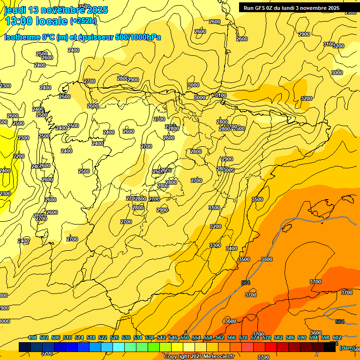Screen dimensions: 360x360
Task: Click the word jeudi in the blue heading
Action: [x=15, y=10]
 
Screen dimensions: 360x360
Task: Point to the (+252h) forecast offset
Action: [x=83, y=21]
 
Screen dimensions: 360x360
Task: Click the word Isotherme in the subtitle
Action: [x=22, y=37]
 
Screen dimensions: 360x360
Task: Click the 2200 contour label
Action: [x=19, y=156]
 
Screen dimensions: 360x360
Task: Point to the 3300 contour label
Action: [x=215, y=245]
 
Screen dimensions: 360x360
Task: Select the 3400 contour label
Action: [x=232, y=248]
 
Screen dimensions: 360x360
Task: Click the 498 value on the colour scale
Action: [x=32, y=337]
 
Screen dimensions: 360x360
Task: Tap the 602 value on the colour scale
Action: [x=337, y=337]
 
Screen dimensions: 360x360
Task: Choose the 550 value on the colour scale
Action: [x=185, y=337]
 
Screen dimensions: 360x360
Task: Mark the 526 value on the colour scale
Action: [x=114, y=337]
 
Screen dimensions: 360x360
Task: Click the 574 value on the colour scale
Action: [x=255, y=337]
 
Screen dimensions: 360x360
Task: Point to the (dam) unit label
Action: [x=346, y=347]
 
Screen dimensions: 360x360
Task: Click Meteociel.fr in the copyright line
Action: [x=217, y=357]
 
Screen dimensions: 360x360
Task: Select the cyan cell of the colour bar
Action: [x=119, y=347]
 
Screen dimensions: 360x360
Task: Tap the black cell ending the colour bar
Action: [x=330, y=347]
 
